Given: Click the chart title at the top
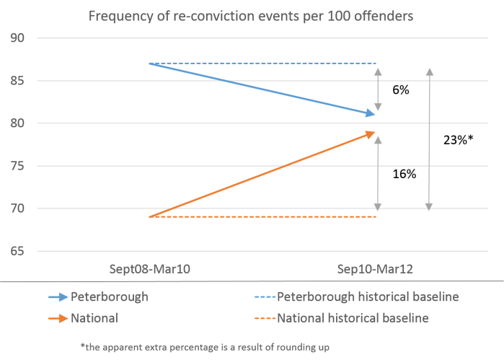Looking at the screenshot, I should click(x=252, y=15).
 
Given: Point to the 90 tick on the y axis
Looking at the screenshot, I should click(x=18, y=38).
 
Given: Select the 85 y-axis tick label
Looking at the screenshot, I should click(x=18, y=81).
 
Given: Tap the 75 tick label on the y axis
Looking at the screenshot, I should click(x=18, y=166).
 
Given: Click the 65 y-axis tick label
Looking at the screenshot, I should click(x=18, y=251).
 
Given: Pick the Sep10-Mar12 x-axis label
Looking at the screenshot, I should click(x=375, y=268).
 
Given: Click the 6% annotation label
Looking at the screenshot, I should click(x=402, y=91).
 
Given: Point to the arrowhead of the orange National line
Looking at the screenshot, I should click(x=372, y=133).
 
